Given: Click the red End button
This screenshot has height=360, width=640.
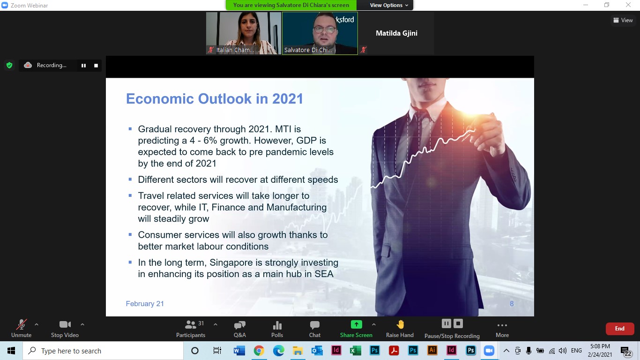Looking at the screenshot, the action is pyautogui.click(x=619, y=329).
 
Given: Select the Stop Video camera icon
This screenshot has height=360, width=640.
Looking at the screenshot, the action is pyautogui.click(x=65, y=324).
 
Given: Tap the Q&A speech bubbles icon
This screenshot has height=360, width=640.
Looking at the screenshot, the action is pyautogui.click(x=239, y=325).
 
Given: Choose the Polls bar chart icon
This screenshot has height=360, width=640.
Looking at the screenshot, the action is pyautogui.click(x=277, y=325).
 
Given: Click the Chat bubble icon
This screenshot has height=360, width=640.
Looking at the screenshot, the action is pyautogui.click(x=314, y=325).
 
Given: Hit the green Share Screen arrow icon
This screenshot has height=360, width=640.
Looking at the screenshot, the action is pyautogui.click(x=356, y=324).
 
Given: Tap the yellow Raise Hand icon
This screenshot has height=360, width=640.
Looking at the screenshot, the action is pyautogui.click(x=400, y=324).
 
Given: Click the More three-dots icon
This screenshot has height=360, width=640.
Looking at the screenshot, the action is pyautogui.click(x=502, y=325).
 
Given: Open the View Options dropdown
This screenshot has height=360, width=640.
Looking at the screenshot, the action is pyautogui.click(x=389, y=5).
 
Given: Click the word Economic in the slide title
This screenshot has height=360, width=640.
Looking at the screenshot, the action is pyautogui.click(x=160, y=98).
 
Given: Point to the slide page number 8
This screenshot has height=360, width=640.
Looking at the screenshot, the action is pyautogui.click(x=512, y=304).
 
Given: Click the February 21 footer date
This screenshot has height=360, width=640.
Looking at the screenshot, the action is pyautogui.click(x=145, y=304).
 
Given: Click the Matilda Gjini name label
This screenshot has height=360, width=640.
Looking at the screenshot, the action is pyautogui.click(x=396, y=33).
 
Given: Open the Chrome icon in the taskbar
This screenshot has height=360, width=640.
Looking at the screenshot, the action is pyautogui.click(x=259, y=351).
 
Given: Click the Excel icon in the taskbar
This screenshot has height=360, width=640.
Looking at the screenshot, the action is pyautogui.click(x=355, y=351).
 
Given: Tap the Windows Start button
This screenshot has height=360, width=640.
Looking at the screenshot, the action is pyautogui.click(x=11, y=351).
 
